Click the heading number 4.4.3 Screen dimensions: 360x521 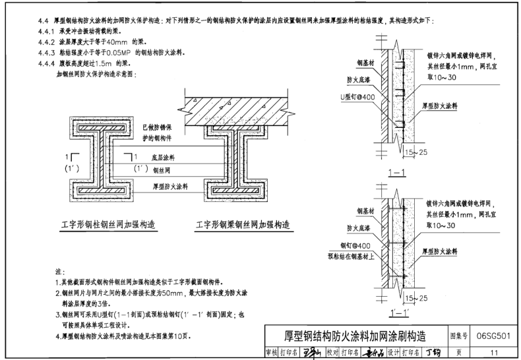coord(47,50)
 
